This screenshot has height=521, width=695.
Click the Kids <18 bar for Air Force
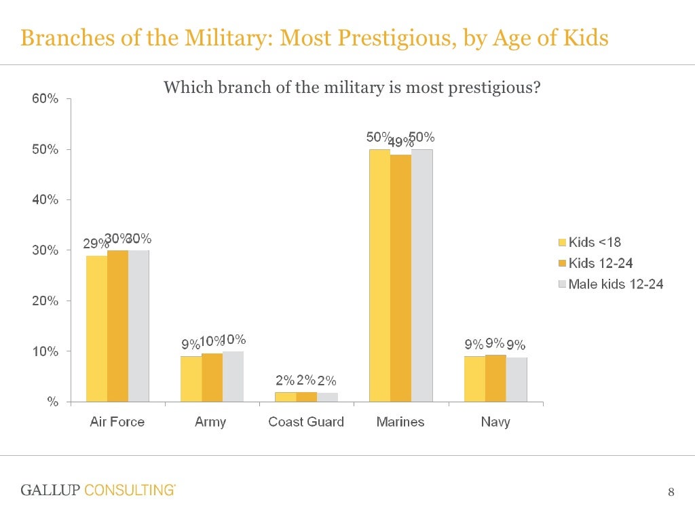click(96, 328)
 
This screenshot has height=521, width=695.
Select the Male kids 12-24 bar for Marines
click(421, 275)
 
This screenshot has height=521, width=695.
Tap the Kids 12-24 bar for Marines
click(400, 278)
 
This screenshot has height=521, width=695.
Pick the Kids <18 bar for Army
click(191, 379)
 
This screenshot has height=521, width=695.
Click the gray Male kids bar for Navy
click(516, 379)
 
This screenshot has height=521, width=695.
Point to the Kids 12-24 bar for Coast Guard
click(306, 397)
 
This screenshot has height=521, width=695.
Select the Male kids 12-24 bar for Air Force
click(138, 326)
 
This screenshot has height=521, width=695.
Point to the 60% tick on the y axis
click(45, 99)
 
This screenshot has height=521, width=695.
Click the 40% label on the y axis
click(45, 200)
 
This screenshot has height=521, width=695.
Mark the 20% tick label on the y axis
click(45, 301)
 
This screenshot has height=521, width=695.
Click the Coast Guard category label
click(306, 422)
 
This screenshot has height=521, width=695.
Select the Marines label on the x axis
click(400, 422)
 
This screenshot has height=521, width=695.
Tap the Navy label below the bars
click(495, 422)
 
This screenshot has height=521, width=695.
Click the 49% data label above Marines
click(400, 142)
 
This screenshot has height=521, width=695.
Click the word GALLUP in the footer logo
click(51, 490)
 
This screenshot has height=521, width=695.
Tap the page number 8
click(671, 492)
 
